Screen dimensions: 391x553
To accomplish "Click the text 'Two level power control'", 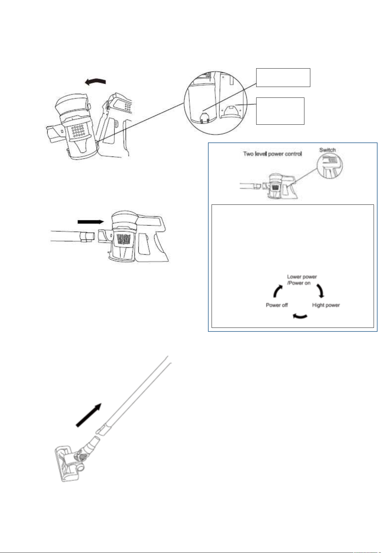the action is pyautogui.click(x=272, y=154).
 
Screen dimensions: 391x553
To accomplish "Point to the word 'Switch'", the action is pyautogui.click(x=327, y=150).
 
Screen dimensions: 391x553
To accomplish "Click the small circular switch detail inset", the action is pyautogui.click(x=330, y=166).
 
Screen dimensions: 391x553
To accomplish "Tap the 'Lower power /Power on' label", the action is pyautogui.click(x=301, y=280).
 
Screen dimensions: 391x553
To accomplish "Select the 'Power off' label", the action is pyautogui.click(x=277, y=305).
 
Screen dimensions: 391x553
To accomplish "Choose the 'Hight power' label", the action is pyautogui.click(x=326, y=305).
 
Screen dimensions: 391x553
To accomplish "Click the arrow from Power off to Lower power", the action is pyautogui.click(x=277, y=291).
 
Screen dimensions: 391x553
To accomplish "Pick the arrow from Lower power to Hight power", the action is pyautogui.click(x=321, y=291).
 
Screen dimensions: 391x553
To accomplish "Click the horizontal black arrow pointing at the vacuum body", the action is pyautogui.click(x=91, y=222).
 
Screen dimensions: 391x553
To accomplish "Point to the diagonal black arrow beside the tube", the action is pyautogui.click(x=89, y=415).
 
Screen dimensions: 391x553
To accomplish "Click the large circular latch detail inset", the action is pyautogui.click(x=216, y=103).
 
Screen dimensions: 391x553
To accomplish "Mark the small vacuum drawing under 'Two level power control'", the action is pyautogui.click(x=269, y=186).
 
